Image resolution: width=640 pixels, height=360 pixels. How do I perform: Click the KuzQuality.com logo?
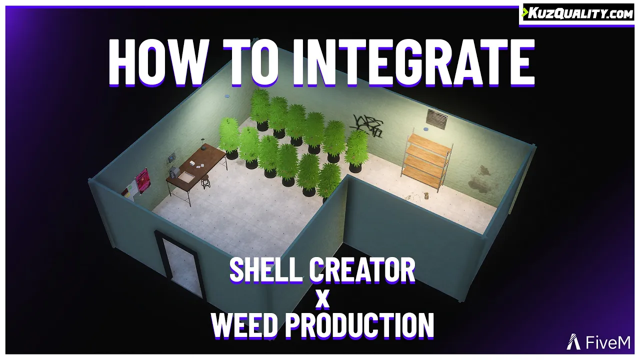pos(578,13)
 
